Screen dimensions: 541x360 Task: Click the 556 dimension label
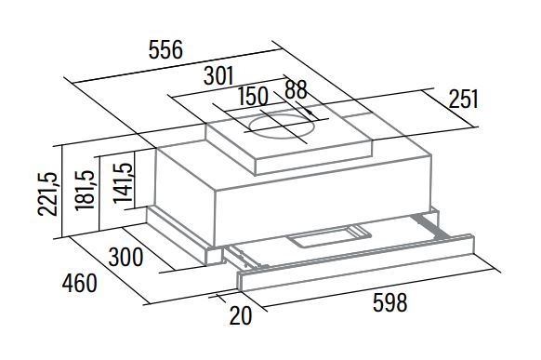165,49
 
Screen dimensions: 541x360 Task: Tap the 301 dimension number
218,75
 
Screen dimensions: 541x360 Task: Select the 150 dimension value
253,96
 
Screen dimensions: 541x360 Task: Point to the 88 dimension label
296,89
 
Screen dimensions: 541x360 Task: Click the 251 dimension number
463,99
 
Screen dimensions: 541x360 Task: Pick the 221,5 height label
47,194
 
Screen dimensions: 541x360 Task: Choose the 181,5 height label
85,190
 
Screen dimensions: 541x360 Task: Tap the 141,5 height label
124,182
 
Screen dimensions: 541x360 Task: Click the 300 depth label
125,257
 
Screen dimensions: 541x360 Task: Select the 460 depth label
80,284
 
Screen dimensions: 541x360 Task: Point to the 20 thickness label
241,315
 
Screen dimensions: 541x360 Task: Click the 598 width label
389,302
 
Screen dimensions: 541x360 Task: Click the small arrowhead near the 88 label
310,113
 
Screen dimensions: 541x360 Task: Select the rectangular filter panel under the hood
329,236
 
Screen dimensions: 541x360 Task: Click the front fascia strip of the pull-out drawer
355,262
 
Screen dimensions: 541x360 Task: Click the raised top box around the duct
289,145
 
